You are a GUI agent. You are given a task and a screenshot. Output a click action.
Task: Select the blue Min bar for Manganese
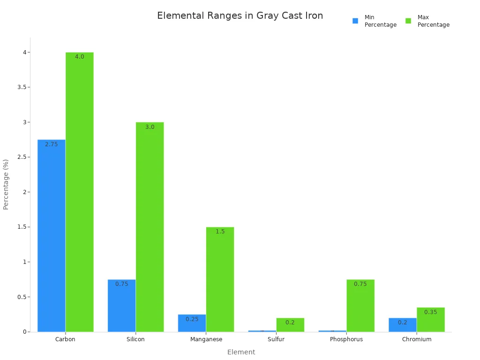192,323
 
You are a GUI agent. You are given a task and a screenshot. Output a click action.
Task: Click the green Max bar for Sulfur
290,325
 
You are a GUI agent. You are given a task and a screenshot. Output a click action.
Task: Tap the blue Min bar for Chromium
402,325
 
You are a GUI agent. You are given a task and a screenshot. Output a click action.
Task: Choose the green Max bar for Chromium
430,320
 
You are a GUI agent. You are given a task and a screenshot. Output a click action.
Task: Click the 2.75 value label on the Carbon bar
52,144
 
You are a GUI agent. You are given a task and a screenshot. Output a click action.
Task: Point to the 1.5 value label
220,232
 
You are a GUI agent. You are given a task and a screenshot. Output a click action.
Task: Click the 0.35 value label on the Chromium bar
430,312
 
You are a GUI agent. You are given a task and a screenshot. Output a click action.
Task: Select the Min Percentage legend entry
374,21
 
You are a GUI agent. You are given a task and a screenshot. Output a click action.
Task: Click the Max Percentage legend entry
427,21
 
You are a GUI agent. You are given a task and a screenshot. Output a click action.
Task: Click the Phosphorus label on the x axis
346,339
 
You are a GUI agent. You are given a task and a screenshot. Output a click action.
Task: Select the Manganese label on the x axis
206,339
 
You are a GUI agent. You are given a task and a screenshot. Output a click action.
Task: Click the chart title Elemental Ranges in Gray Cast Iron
240,15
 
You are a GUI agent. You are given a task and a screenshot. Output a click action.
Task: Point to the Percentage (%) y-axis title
6,184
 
